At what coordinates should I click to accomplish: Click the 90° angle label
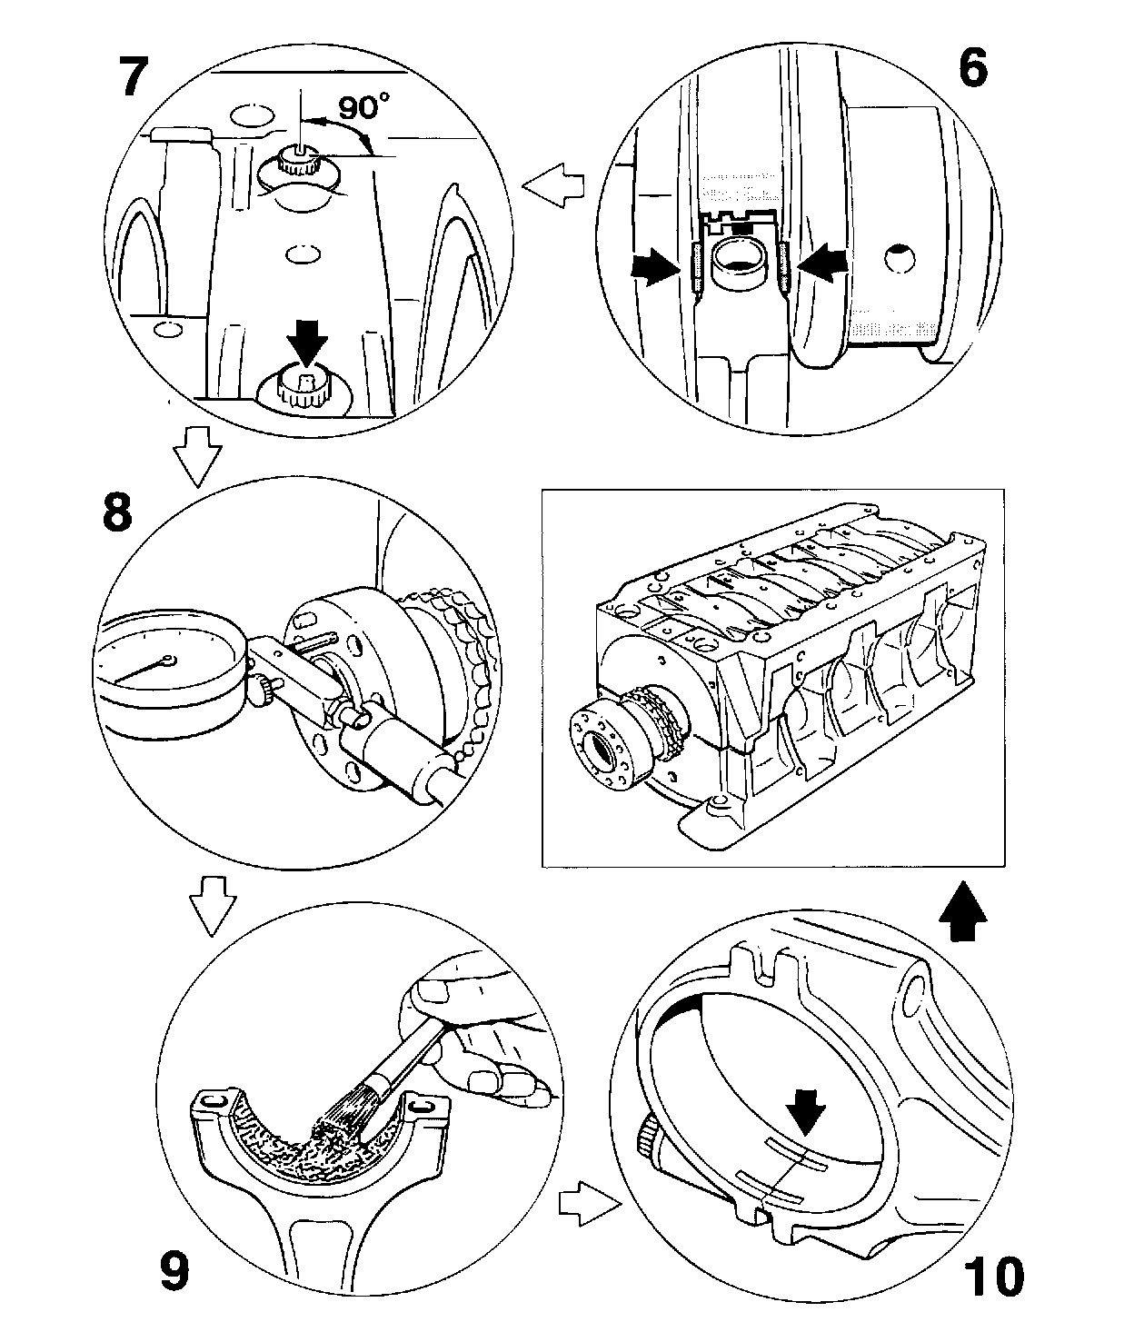(x=363, y=107)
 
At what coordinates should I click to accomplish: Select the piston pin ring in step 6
(x=736, y=263)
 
